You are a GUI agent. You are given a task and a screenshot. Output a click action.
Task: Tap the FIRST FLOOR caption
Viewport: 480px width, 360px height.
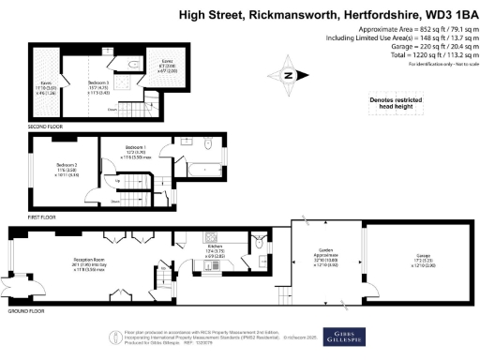pos(41,217)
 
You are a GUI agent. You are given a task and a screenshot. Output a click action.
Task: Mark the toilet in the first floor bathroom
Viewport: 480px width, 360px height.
pos(209,144)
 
